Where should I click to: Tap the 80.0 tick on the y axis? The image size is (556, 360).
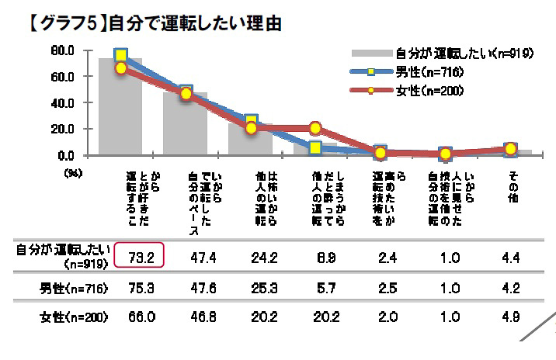(x=63, y=51)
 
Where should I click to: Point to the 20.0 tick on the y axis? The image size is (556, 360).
(x=63, y=129)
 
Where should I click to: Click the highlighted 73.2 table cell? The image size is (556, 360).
(x=142, y=257)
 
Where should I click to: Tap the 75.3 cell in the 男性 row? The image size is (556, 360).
(x=142, y=289)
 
